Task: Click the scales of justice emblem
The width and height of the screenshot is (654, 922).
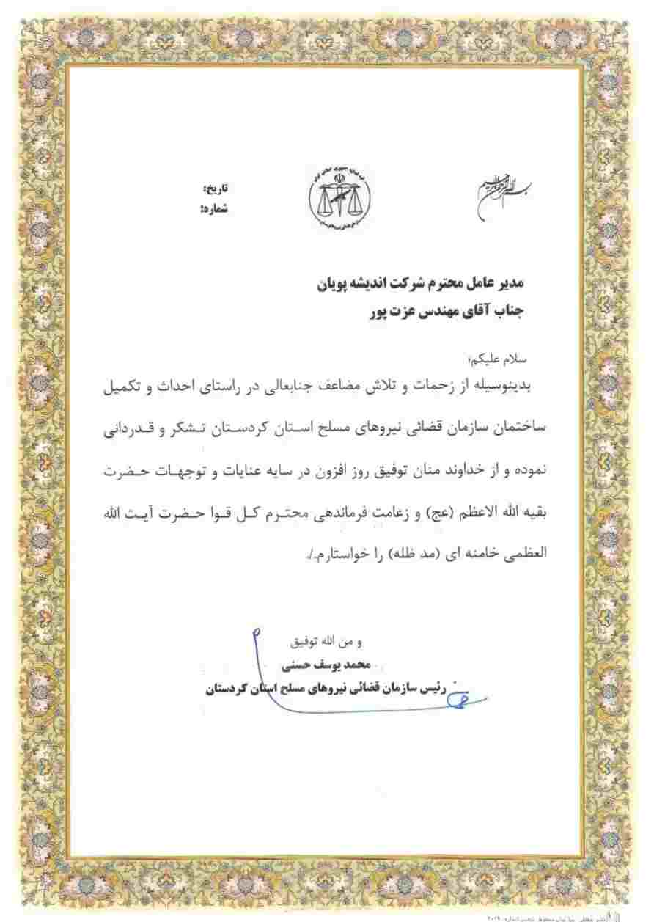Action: [338, 200]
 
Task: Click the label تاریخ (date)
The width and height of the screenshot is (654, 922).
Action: [214, 189]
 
